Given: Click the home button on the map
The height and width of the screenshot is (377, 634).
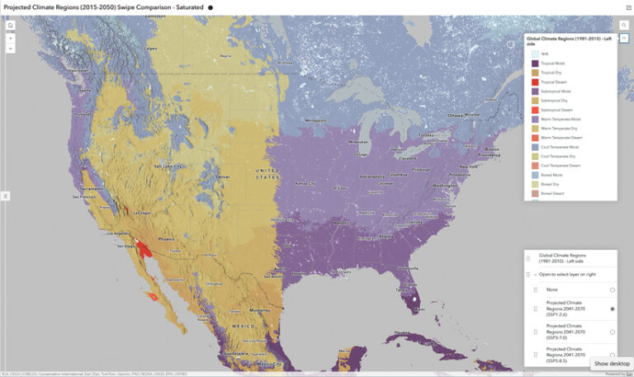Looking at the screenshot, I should pos(10,26).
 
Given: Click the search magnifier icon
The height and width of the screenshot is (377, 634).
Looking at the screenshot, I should pos(624,26).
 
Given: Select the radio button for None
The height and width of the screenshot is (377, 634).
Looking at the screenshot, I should pos(612,290).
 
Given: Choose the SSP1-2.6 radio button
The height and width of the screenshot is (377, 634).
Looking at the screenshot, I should pos(612,309).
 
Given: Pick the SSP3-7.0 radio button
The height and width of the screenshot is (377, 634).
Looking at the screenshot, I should pos(612,332).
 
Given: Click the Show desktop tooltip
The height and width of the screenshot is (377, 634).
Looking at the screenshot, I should pos(612,364).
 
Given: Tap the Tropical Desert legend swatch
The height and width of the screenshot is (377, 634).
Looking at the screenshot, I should pos(535,82).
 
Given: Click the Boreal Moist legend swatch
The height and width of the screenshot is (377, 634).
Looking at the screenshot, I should pos(535,175).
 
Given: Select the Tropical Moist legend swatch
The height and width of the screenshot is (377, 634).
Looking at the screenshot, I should pos(535,63).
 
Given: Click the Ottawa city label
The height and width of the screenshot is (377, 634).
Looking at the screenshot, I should pos(457,115).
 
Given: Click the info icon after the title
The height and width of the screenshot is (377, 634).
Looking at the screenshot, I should pos(210,7).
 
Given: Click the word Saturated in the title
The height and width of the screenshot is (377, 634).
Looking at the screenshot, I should pos(189,7).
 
